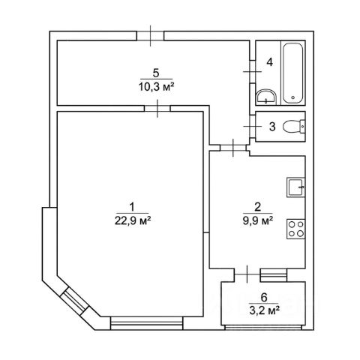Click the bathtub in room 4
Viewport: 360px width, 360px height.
click(x=293, y=73)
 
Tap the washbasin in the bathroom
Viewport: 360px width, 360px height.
click(x=265, y=97)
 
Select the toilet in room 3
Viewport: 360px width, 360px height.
click(x=294, y=126)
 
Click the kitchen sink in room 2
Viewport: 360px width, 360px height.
click(x=295, y=187)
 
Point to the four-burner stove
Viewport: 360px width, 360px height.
click(x=295, y=229)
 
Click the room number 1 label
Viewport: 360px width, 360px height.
click(x=132, y=207)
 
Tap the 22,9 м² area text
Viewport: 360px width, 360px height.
click(x=133, y=220)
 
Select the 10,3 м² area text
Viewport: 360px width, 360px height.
click(x=156, y=87)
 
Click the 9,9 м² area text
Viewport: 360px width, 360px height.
click(x=258, y=220)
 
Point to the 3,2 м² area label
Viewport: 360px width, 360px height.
click(x=264, y=310)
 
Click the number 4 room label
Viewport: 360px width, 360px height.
click(x=269, y=62)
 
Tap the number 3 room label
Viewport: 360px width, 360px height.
click(x=272, y=127)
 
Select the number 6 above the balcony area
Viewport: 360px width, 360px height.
click(x=264, y=298)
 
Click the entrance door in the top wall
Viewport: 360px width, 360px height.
click(x=150, y=36)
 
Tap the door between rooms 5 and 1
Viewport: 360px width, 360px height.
click(x=157, y=108)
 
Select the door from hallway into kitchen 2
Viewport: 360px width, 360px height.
click(x=233, y=148)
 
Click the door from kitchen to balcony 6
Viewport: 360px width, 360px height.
click(x=247, y=274)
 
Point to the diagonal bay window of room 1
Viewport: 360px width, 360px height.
click(x=75, y=301)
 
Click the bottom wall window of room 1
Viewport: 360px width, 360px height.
click(x=147, y=323)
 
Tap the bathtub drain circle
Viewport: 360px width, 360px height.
click(x=293, y=97)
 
